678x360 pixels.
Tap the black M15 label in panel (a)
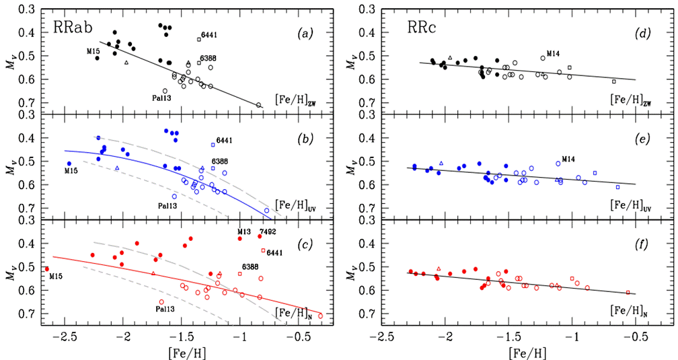point(93,51)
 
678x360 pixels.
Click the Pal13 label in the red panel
point(166,310)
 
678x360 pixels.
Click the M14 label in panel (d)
point(554,53)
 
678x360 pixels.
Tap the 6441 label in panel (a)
point(209,35)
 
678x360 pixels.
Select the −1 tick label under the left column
point(241,336)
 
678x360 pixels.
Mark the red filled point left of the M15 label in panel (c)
point(46,269)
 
